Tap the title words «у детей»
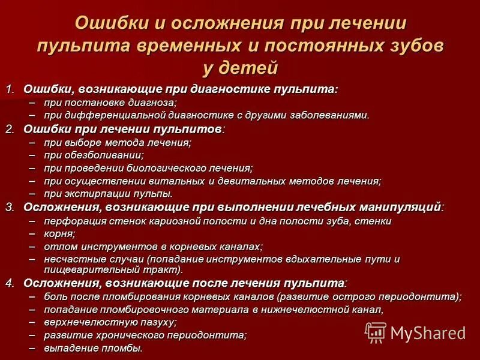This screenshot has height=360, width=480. tap(240, 68)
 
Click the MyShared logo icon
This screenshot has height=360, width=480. tap(376, 332)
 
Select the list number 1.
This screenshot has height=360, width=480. tap(10, 89)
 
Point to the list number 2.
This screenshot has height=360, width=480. tap(10, 129)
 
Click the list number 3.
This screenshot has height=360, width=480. tap(10, 207)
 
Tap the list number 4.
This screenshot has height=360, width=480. tap(10, 283)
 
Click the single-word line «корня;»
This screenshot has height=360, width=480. tap(59, 233)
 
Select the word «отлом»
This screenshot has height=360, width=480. tap(58, 246)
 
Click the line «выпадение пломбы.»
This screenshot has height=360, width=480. tap(93, 347)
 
